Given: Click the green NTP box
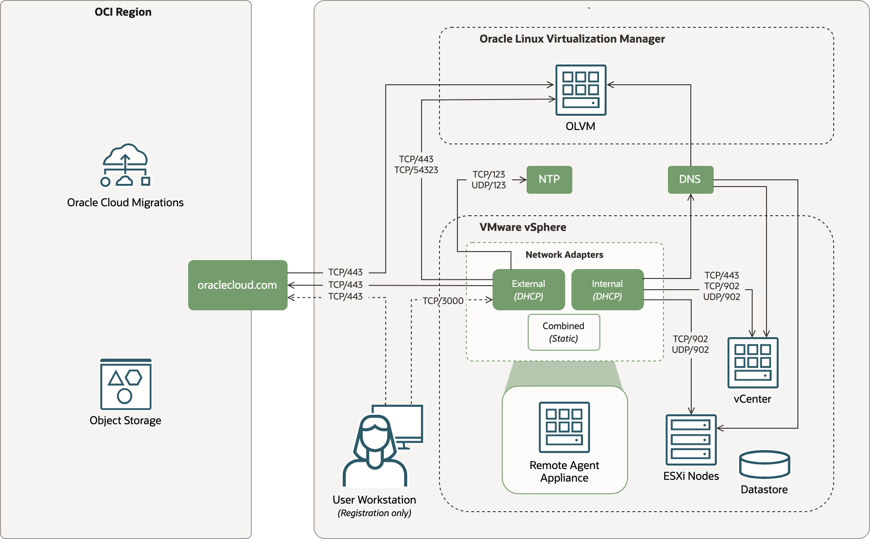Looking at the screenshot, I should [549, 179].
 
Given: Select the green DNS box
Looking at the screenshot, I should [690, 179].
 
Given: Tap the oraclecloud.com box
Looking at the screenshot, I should [237, 285].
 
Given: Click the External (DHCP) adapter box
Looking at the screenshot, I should [528, 290].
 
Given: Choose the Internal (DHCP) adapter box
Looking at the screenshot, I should [607, 290].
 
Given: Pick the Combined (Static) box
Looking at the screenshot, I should [564, 332].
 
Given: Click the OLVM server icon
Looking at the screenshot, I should [581, 90].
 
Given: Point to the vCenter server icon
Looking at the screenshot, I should [753, 362].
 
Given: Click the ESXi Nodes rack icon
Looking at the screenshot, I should [691, 440].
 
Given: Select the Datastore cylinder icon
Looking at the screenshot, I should [764, 465].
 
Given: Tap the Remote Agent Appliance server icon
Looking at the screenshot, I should [564, 427].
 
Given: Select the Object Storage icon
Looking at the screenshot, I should [125, 384].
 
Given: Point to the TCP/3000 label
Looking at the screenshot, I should [443, 301].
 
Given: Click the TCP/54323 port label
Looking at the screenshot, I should [416, 170].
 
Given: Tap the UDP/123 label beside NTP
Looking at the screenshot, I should [488, 185].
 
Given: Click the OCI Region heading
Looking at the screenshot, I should [123, 12].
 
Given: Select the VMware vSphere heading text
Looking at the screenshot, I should [522, 227].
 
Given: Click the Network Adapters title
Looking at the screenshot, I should [564, 255].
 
